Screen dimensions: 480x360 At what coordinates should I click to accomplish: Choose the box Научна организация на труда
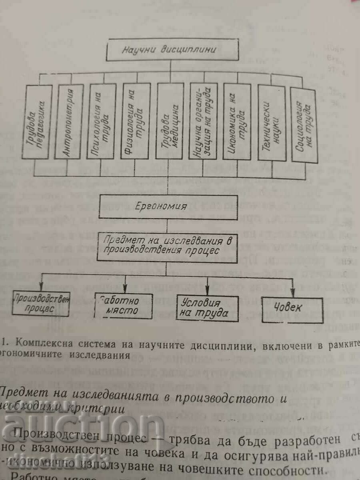click(204, 122)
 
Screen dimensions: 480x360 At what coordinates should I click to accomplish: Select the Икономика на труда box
click(237, 122)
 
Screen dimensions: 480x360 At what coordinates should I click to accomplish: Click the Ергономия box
click(168, 207)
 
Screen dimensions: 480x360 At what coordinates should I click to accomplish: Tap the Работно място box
click(124, 306)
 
